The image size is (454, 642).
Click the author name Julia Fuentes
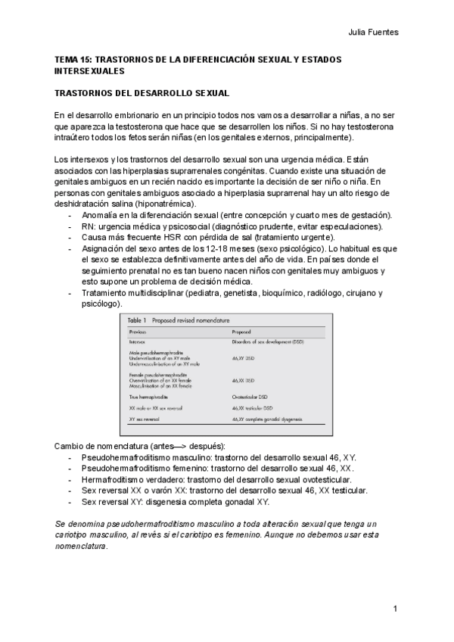[373, 33]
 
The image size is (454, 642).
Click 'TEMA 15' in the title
[73, 59]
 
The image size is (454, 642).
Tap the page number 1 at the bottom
[395, 609]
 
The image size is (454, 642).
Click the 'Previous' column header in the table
[138, 332]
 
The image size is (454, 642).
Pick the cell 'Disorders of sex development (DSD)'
[268, 342]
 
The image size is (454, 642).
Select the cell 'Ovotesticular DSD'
[249, 395]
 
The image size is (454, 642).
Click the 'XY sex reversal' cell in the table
[144, 418]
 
